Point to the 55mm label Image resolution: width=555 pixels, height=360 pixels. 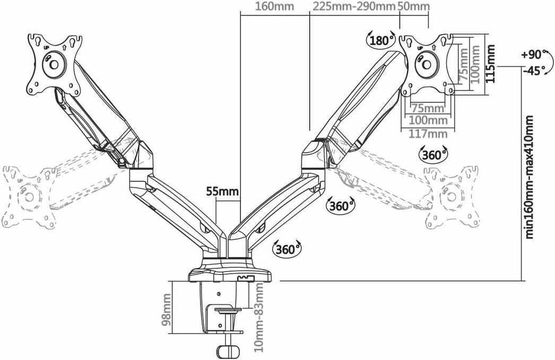coord(223,192)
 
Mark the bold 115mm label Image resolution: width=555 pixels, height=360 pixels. coord(490,64)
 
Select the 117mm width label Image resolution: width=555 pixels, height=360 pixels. coord(428,134)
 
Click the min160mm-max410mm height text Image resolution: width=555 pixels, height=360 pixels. coord(529,177)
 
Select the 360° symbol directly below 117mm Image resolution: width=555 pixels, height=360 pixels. coord(433,154)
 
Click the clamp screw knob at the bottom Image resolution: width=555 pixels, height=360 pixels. coord(228,352)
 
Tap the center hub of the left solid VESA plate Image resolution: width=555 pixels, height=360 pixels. coord(54,64)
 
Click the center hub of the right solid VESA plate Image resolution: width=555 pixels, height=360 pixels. coord(427,65)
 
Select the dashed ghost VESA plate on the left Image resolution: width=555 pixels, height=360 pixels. coord(30,197)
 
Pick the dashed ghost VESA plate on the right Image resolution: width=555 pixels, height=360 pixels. coord(452,196)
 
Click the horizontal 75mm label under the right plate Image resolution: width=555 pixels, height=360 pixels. coord(428,108)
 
